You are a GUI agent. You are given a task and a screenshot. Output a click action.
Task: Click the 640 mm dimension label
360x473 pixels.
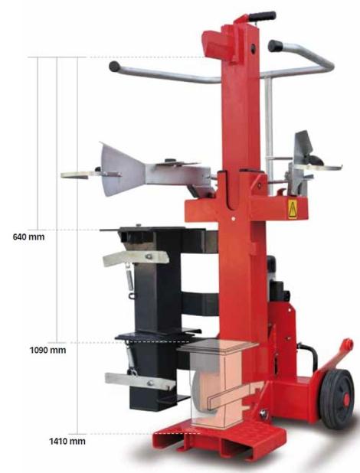click(28, 236)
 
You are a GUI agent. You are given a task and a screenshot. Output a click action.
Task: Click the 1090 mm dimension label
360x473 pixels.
click(47, 351)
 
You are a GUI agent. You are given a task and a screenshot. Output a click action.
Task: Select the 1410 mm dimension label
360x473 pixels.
click(67, 442)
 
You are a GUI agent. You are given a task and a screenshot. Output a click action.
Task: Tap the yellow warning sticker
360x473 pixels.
click(293, 209)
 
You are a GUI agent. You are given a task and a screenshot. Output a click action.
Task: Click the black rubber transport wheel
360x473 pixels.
click(337, 399)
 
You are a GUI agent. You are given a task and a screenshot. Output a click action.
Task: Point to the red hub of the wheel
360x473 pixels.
click(346, 400)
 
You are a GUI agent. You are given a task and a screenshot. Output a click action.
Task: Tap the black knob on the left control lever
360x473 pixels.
click(114, 67)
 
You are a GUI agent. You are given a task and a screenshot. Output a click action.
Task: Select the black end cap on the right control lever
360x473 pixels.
click(275, 46)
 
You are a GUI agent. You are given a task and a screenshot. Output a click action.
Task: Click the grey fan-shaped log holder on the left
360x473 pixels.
click(123, 170)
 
